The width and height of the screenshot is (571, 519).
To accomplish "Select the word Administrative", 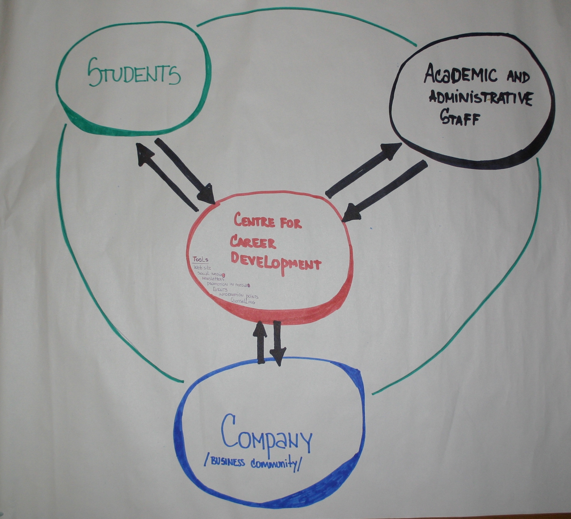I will tap(480, 99).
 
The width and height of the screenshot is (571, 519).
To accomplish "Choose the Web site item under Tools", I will tap(202, 268).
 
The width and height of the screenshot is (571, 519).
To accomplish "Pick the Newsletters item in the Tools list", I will tap(213, 278).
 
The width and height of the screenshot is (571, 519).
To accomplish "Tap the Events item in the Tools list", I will tap(220, 290).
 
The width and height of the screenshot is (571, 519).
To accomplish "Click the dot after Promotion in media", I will tap(249, 285).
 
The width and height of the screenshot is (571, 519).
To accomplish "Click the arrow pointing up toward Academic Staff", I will tap(364, 169).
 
